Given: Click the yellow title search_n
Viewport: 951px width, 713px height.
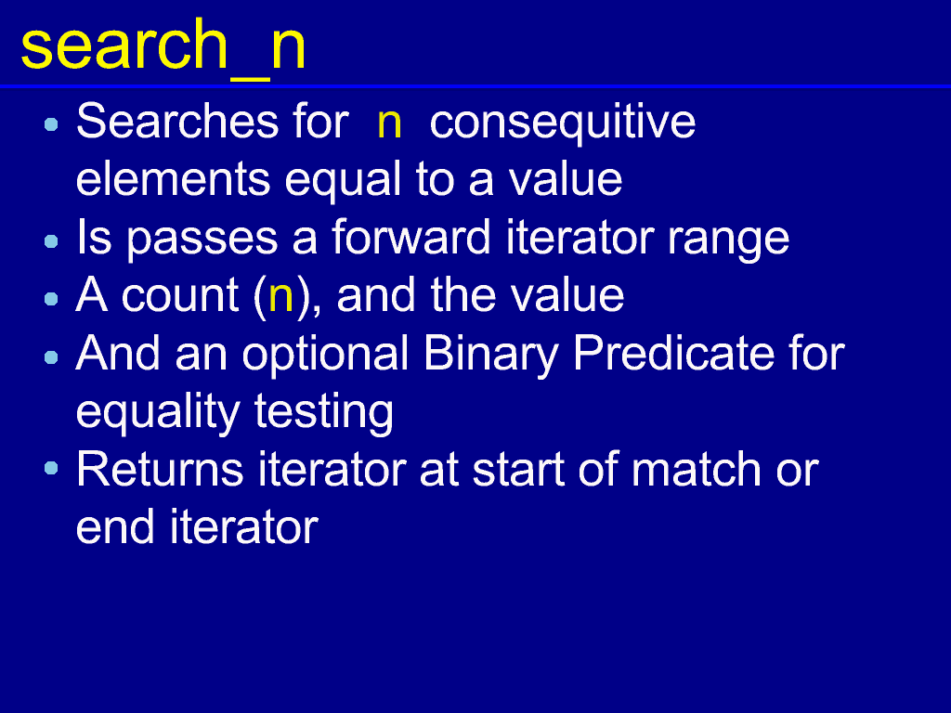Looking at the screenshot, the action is (163, 46).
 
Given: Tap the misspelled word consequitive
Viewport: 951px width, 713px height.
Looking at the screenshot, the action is (562, 123).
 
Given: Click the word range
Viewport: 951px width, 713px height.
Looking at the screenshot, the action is (728, 242).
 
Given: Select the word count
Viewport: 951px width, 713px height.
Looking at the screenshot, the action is (180, 296).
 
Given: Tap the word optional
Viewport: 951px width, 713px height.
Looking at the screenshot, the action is (325, 356).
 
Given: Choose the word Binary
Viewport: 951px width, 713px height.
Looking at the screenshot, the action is (490, 356).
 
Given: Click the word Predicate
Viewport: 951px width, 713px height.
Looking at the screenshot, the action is (673, 353).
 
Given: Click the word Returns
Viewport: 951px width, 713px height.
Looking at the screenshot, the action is (160, 469).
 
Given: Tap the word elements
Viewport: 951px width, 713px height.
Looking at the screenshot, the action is (173, 180).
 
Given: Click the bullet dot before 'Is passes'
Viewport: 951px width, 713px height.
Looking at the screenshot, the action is (52, 241).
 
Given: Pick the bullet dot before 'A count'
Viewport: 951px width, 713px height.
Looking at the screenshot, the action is (52, 299).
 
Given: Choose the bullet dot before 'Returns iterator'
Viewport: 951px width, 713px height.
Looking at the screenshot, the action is (52, 468).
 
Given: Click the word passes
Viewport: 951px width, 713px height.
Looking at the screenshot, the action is (202, 242).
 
